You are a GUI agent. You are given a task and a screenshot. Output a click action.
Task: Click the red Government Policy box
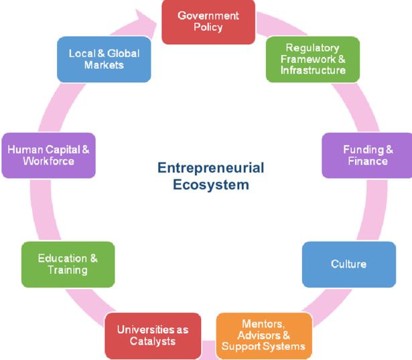208,22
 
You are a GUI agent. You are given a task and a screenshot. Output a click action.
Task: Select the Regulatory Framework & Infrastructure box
313,59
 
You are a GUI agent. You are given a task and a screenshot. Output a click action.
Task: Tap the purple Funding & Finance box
366,155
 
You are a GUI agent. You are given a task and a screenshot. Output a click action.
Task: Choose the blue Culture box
348,264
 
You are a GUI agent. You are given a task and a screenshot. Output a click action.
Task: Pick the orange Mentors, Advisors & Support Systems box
264,335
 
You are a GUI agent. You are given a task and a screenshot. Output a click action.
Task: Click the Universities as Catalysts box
153,335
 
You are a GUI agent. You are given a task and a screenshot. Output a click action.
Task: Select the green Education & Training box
68,264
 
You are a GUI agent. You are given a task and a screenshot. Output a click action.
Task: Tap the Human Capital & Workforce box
48,155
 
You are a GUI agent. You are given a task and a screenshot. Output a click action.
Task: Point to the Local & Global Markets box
104,59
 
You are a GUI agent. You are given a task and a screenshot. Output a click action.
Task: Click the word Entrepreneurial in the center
211,167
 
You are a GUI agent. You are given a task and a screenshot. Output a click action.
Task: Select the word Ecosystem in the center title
211,184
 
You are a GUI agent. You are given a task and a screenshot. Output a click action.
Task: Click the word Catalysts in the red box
153,341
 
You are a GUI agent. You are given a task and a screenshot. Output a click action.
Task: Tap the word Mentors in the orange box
264,324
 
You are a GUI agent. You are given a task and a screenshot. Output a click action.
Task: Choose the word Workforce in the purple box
48,161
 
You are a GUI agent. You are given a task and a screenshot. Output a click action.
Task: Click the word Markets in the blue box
104,65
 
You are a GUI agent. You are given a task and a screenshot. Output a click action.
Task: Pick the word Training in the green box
68,270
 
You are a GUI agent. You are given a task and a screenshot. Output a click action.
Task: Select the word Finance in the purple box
368,161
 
